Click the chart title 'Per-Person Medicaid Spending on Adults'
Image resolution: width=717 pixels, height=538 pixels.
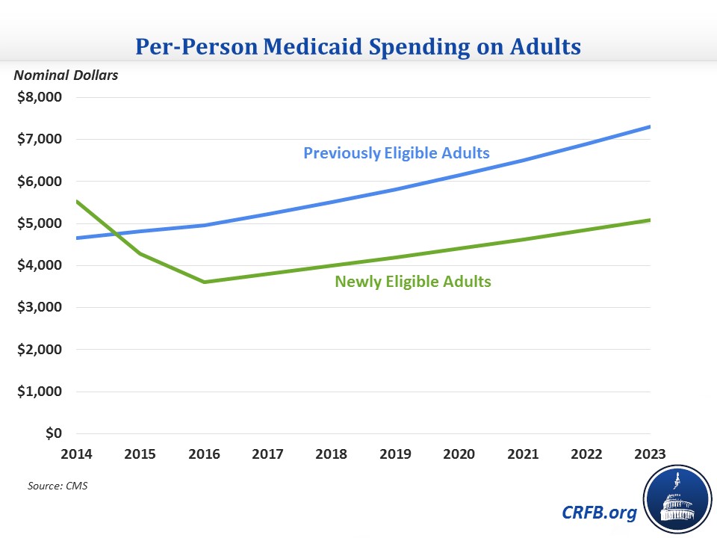point(358,46)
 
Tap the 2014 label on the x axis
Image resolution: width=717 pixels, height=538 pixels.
point(77,453)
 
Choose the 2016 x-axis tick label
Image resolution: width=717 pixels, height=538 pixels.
point(204,453)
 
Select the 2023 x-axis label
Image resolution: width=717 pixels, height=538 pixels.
point(650,453)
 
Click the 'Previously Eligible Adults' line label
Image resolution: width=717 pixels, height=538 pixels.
point(396,153)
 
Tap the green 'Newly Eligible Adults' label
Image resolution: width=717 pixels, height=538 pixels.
point(413,282)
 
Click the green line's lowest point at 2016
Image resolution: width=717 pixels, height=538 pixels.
point(205,282)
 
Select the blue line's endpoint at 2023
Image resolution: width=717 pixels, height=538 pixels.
point(650,126)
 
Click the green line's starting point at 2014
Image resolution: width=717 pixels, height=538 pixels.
point(77,201)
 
